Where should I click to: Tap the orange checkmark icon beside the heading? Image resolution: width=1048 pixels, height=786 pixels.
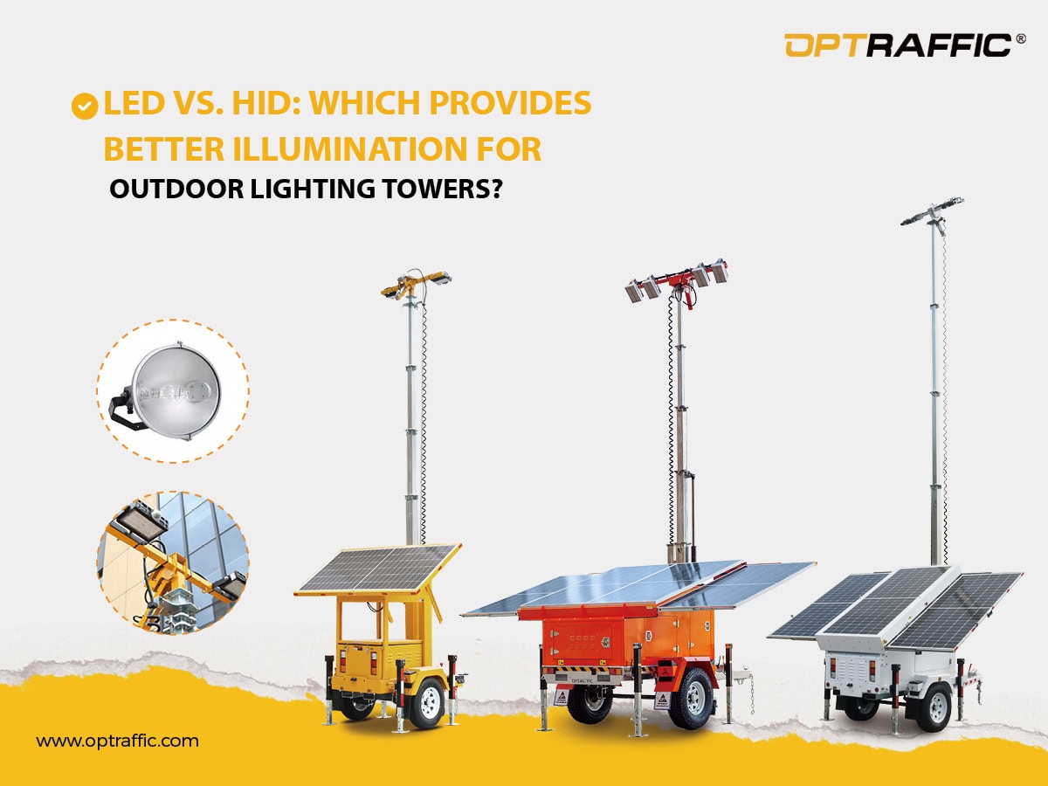84,106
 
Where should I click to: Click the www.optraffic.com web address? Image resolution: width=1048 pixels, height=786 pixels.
117,741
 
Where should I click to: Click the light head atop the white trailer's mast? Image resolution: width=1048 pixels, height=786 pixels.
933,210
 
